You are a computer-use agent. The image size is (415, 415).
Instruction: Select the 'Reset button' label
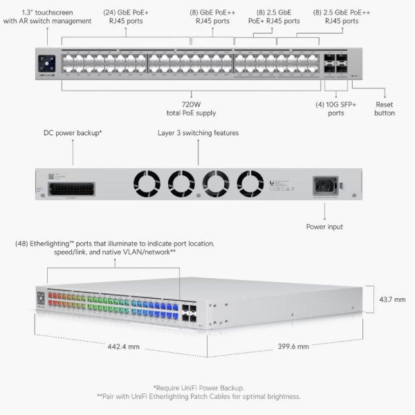(x=385, y=108)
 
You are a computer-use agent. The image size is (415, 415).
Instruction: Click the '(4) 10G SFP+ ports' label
(x=335, y=108)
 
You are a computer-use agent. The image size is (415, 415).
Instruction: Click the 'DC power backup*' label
(x=73, y=132)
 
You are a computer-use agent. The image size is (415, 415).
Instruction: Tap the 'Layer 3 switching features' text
(x=198, y=132)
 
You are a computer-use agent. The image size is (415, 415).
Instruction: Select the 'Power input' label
(x=324, y=226)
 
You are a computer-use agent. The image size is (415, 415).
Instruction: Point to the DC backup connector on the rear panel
(x=73, y=187)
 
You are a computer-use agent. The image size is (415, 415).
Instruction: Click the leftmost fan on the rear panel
(x=147, y=183)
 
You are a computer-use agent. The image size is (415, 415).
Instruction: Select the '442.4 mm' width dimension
(x=124, y=346)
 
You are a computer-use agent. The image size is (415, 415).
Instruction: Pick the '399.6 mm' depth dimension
(x=293, y=346)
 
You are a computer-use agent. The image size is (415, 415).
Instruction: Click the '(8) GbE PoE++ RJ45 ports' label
(x=213, y=17)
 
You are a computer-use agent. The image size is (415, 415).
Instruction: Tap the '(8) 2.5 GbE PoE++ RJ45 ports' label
(x=336, y=17)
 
